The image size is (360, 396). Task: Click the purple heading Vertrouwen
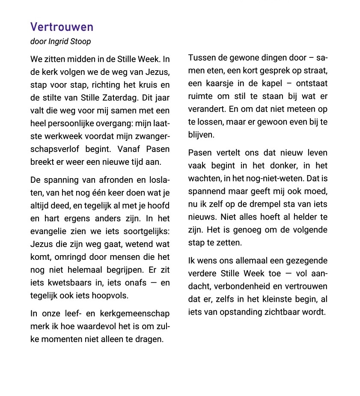[62, 27]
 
